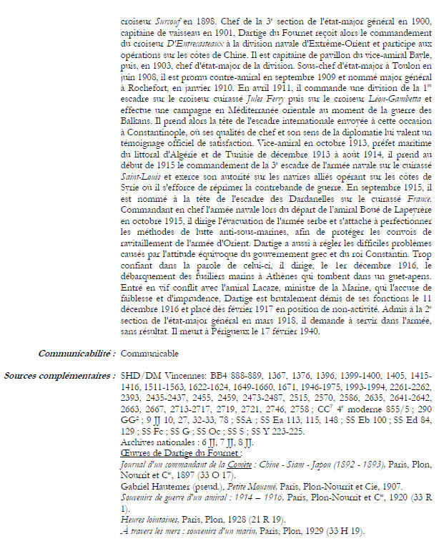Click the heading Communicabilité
click(x=77, y=354)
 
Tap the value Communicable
click(x=150, y=354)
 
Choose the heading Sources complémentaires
click(x=59, y=374)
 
